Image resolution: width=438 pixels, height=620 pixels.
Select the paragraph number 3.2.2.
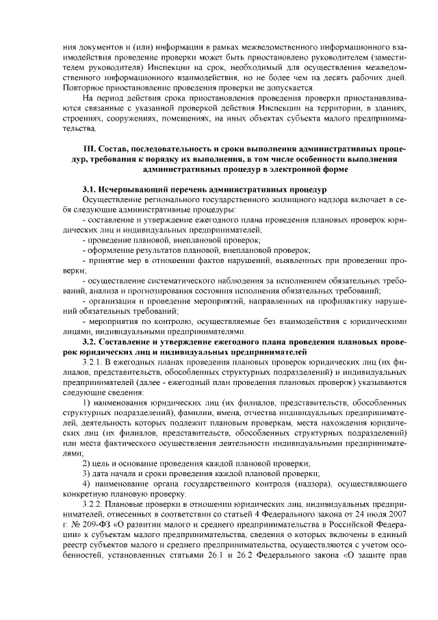pyautogui.click(x=92, y=504)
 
